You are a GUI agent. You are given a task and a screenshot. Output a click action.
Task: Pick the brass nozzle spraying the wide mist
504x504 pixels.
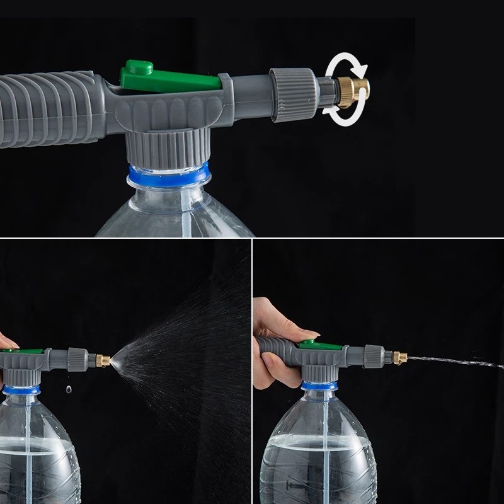coord(103,361)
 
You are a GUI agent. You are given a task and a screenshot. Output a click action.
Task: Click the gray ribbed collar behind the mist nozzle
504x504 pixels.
coord(77,359)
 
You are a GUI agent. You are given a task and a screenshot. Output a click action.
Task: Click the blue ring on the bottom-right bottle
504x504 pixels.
coord(321,385)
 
